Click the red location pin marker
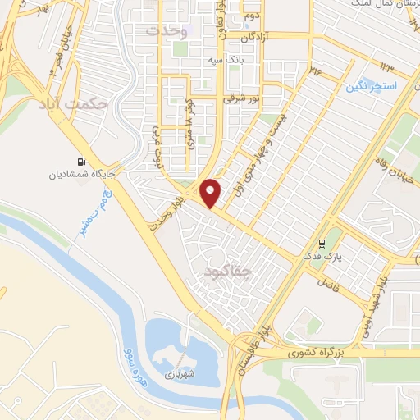pos(211,191)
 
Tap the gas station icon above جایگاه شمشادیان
pos(81,162)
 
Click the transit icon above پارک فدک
pos(322,244)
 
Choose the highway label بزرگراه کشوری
pos(322,354)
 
